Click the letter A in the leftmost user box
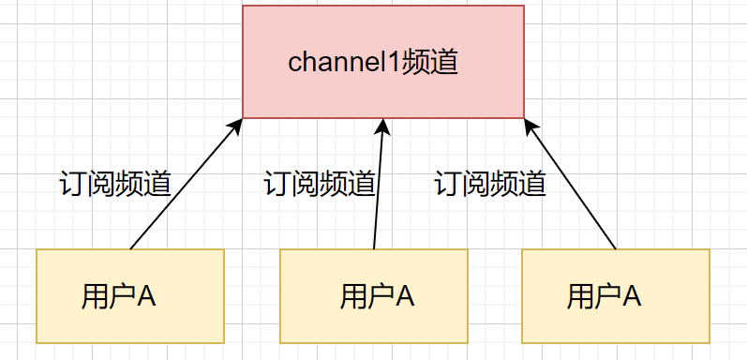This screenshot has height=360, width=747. tap(147, 296)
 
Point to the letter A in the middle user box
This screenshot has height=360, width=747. tap(405, 296)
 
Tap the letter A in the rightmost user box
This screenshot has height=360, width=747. tap(632, 296)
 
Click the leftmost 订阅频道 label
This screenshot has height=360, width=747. tap(114, 182)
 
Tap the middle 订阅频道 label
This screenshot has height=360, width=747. tap(320, 182)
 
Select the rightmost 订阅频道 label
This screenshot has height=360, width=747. tap(490, 182)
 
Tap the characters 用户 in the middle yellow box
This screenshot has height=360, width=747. tap(360, 296)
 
